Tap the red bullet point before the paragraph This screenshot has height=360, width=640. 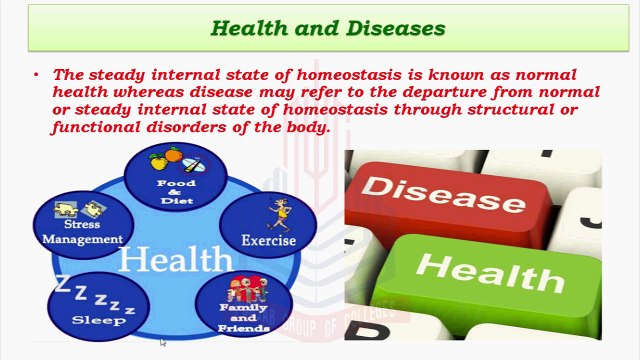[37, 75]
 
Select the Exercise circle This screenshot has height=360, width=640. [268, 222]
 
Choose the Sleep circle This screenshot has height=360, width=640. [98, 303]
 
